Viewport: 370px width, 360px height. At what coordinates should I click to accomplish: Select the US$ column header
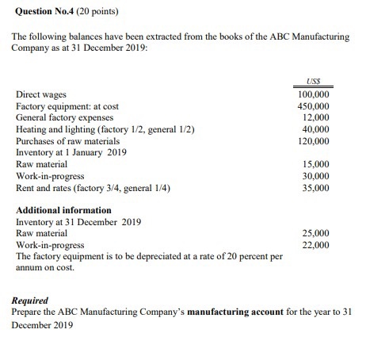coord(314,81)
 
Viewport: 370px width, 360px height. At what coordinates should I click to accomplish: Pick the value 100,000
coord(314,94)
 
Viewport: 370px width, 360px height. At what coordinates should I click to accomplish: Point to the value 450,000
coord(314,105)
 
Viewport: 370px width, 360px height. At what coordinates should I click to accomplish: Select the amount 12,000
coord(316,117)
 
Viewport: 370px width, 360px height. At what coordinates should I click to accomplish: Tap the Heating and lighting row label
coord(105,129)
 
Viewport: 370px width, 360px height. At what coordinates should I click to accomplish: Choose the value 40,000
coord(316,129)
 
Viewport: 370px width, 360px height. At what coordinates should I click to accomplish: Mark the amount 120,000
coord(314,141)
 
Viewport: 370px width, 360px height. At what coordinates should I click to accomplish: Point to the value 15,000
coord(316,164)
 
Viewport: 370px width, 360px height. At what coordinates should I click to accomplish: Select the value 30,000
coord(316,176)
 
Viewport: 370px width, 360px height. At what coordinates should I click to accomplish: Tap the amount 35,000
coord(316,188)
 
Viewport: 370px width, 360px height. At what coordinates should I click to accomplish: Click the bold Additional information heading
coord(63,210)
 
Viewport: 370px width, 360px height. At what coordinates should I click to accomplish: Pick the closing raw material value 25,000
coord(316,234)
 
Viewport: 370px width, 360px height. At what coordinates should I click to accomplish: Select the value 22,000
coord(316,246)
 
